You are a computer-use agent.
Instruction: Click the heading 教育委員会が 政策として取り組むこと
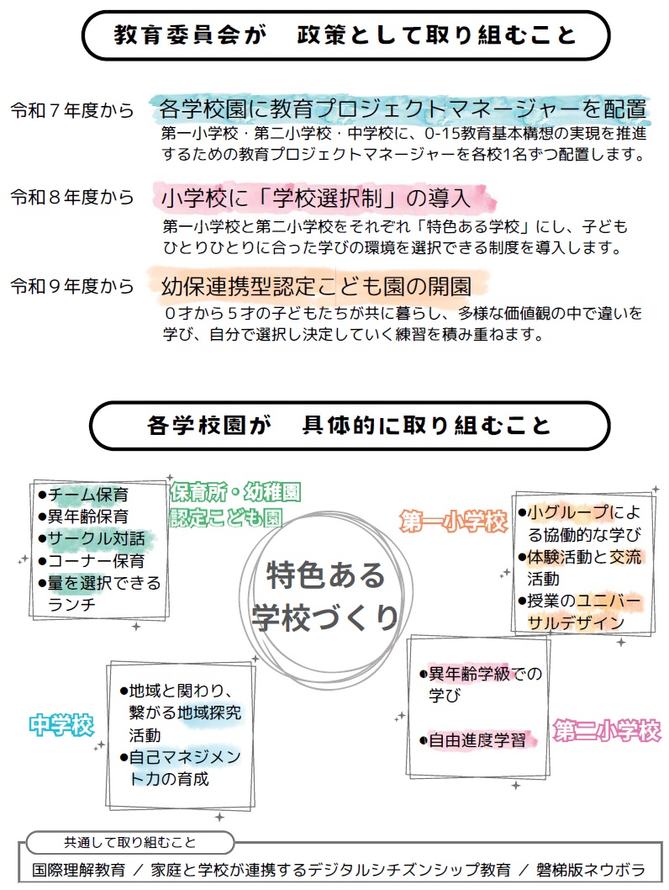click(x=345, y=35)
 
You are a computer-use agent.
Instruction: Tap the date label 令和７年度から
click(x=72, y=110)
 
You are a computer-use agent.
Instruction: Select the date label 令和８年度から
click(x=72, y=197)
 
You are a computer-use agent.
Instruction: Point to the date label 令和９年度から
click(x=72, y=286)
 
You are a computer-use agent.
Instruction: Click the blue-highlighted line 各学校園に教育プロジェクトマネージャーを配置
click(x=403, y=109)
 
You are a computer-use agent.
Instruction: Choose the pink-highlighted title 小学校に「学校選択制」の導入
click(x=316, y=198)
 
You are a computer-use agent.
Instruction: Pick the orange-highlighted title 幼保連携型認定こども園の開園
click(x=316, y=286)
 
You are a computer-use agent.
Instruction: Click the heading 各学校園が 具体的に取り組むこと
click(x=350, y=425)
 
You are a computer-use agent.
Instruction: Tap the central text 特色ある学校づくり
click(x=325, y=596)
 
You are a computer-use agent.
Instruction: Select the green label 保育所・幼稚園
click(x=235, y=492)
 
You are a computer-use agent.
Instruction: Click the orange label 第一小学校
click(x=453, y=522)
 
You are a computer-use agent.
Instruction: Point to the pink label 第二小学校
click(x=607, y=730)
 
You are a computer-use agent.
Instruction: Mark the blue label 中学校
click(x=62, y=725)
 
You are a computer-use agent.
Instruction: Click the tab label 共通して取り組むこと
click(x=129, y=842)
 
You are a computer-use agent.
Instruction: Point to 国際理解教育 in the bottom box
click(x=78, y=870)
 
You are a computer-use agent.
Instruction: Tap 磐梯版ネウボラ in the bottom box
click(x=591, y=870)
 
